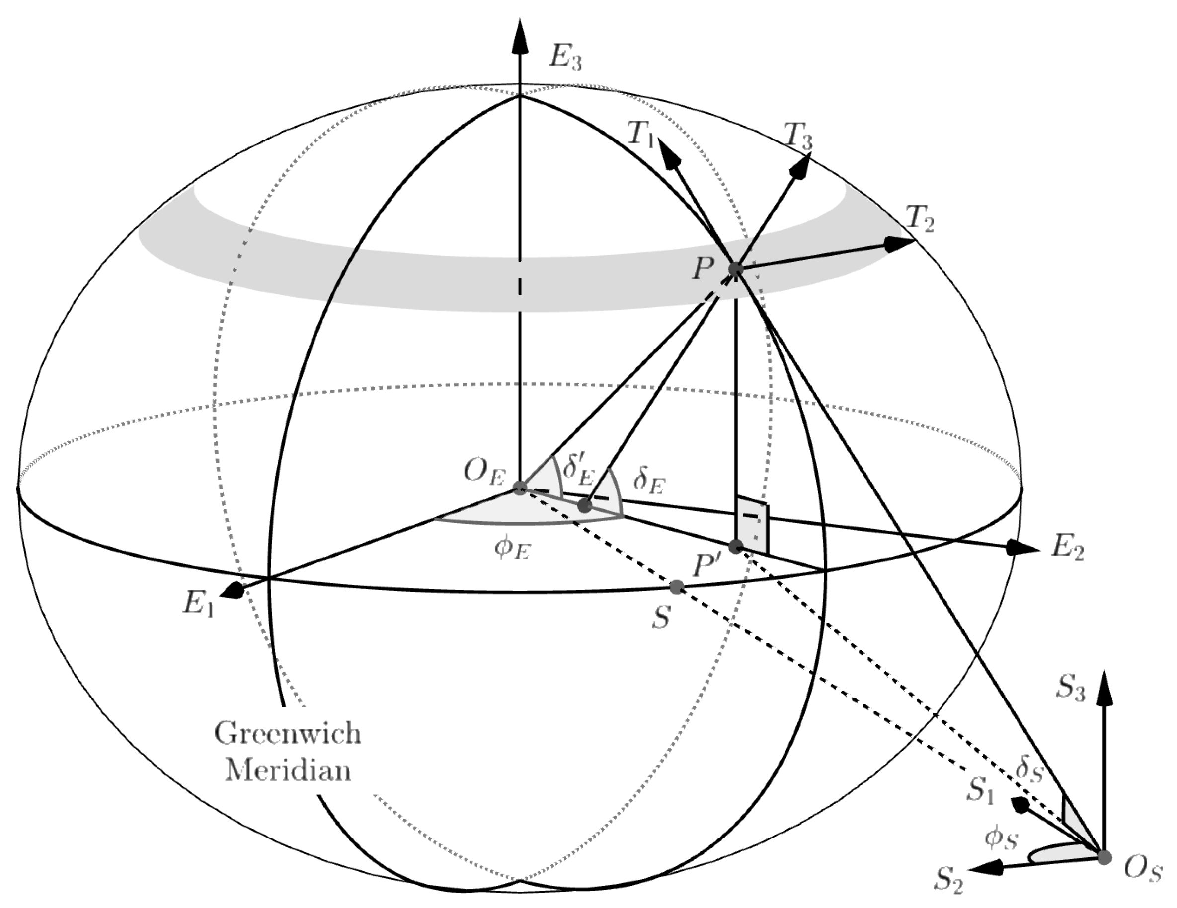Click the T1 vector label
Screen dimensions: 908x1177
tap(640, 134)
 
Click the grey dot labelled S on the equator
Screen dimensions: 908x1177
tap(677, 586)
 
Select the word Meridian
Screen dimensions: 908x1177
tap(288, 771)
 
